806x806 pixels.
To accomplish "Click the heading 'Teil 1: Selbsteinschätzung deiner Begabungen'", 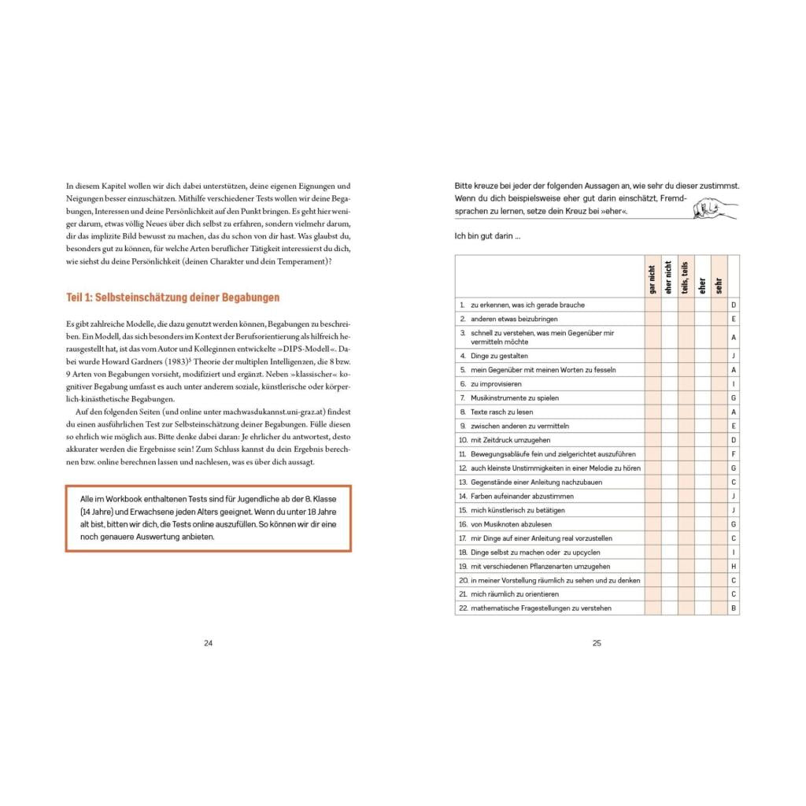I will [x=172, y=298].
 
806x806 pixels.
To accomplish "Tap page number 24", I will [x=209, y=643].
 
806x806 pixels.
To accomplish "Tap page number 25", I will [x=597, y=643].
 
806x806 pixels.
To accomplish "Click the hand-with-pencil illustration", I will [x=714, y=207].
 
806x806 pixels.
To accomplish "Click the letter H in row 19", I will [x=734, y=567].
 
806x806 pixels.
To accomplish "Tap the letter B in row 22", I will [x=734, y=608].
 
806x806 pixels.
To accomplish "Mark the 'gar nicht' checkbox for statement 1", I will [x=653, y=305].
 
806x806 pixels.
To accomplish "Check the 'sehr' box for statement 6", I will [x=719, y=384].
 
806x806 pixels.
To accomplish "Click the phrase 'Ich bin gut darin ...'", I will [x=487, y=236].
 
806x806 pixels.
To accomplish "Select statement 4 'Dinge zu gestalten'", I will [x=499, y=356].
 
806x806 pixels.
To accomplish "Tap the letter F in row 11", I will [x=734, y=454].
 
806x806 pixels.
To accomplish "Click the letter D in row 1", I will [x=734, y=305].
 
